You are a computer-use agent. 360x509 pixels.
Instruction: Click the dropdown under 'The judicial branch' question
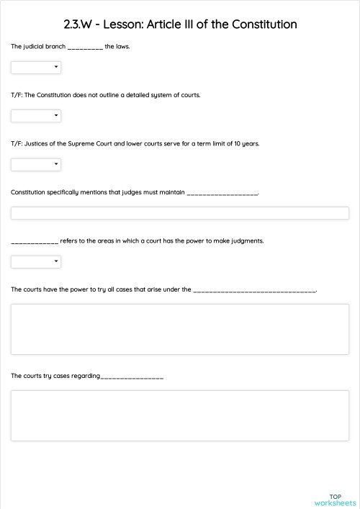[x=36, y=68]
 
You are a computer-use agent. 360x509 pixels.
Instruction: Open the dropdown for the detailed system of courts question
[x=36, y=116]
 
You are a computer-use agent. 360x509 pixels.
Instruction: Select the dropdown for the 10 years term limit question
[x=36, y=164]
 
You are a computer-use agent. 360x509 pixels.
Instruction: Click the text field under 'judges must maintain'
[x=180, y=213]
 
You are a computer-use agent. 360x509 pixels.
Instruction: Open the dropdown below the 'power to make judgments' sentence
[x=36, y=261]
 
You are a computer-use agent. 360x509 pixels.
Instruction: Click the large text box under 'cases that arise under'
[x=180, y=329]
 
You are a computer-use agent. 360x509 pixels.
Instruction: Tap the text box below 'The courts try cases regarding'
[x=180, y=415]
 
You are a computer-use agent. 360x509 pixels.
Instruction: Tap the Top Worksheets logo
[x=335, y=500]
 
